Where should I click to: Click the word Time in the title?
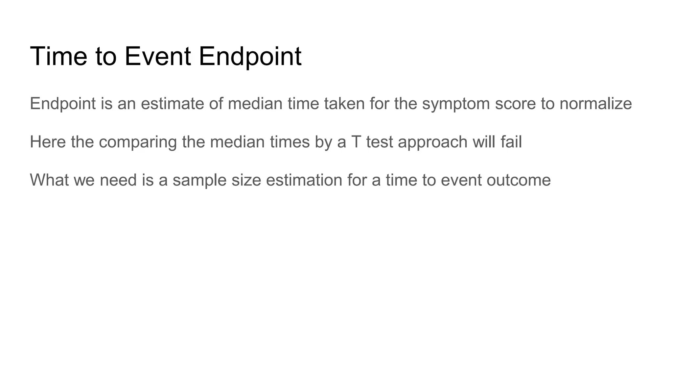[x=58, y=56]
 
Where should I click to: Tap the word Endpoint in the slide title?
[x=250, y=56]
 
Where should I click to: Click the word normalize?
[x=595, y=104]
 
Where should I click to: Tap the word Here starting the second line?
[x=48, y=142]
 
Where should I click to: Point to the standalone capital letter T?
[x=356, y=142]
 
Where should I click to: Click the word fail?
[x=511, y=142]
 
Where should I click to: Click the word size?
[x=246, y=180]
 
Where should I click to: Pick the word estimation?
[x=304, y=180]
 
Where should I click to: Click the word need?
[x=118, y=180]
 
